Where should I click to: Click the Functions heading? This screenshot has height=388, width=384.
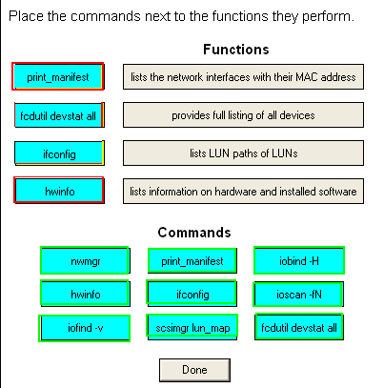point(236,50)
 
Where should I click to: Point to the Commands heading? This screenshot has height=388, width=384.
point(194,233)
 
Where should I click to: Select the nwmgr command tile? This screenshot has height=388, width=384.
point(85,260)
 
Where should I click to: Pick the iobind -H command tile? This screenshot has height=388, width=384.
point(299,260)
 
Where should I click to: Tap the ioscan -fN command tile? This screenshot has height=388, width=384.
point(298,295)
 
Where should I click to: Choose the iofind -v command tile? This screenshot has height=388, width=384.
point(85,328)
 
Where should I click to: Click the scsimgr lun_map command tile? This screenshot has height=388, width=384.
point(192,327)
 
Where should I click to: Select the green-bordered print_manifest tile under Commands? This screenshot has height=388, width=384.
point(192,260)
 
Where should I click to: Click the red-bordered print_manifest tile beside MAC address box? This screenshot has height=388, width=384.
point(58,76)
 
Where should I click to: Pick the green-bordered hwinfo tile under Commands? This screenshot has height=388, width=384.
point(85,294)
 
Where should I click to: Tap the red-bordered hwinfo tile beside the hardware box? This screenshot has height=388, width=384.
point(59,191)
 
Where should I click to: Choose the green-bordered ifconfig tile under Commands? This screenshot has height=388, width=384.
point(192,294)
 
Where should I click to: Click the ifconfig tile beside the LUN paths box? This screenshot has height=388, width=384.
point(59,153)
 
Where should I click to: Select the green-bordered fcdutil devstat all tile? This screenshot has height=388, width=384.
point(299,327)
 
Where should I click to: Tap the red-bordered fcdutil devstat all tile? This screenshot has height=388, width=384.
point(59,115)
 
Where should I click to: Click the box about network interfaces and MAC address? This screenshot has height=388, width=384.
point(243,77)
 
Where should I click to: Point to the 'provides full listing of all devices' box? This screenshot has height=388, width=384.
point(243,115)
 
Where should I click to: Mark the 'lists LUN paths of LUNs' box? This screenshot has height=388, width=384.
point(243,153)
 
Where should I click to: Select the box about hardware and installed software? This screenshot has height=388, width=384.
point(243,192)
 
